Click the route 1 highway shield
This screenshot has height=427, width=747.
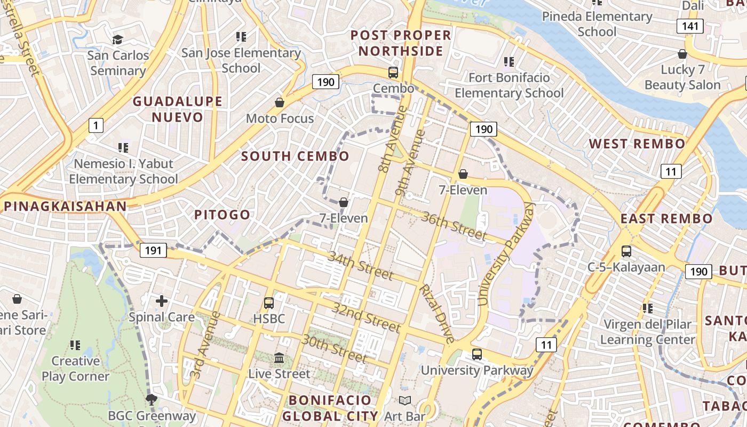pyautogui.click(x=96, y=126)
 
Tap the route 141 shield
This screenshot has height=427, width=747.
pyautogui.click(x=690, y=26)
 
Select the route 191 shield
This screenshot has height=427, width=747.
pyautogui.click(x=154, y=250)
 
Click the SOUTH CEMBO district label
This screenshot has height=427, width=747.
pyautogui.click(x=295, y=156)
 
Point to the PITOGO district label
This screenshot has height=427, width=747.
pyautogui.click(x=222, y=215)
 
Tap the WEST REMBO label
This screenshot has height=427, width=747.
pyautogui.click(x=637, y=144)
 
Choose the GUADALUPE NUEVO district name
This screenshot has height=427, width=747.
pyautogui.click(x=178, y=109)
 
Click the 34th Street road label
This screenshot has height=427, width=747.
pyautogui.click(x=360, y=266)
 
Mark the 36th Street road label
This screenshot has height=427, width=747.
pyautogui.click(x=454, y=225)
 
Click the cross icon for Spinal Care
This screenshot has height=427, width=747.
pyautogui.click(x=162, y=301)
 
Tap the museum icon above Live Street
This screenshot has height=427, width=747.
pyautogui.click(x=279, y=358)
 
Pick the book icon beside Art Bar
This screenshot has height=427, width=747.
pyautogui.click(x=405, y=400)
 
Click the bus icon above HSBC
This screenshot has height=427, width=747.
pyautogui.click(x=269, y=303)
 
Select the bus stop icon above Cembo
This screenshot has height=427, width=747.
pyautogui.click(x=393, y=73)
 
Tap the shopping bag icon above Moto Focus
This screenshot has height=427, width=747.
pyautogui.click(x=280, y=102)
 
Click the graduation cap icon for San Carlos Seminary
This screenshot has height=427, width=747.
pyautogui.click(x=117, y=39)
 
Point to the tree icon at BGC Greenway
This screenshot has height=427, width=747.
pyautogui.click(x=152, y=399)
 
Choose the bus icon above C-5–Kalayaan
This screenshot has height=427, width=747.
pyautogui.click(x=626, y=251)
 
